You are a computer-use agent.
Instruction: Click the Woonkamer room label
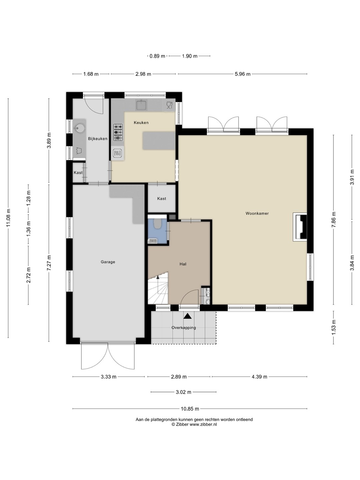coord(257,213)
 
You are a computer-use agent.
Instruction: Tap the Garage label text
coord(108,262)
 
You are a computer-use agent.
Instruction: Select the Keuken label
coord(141,123)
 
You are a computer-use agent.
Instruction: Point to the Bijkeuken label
coord(98,139)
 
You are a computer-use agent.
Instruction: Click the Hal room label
coord(183,264)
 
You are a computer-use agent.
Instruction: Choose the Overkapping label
coord(184,328)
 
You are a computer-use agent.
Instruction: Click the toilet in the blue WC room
coord(157,223)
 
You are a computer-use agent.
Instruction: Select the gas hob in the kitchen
coord(118,132)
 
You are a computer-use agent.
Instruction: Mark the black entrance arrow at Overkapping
coord(188,316)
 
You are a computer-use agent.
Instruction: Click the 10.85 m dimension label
coord(190,409)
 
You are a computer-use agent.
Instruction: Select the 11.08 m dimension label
coord(8,218)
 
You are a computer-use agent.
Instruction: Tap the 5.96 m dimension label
coord(243,74)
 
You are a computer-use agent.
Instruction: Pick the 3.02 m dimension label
coord(184,392)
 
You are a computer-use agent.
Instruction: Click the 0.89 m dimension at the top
coord(157,56)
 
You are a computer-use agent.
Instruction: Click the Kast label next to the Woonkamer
coord(162,199)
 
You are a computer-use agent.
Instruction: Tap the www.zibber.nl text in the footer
coord(203,424)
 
